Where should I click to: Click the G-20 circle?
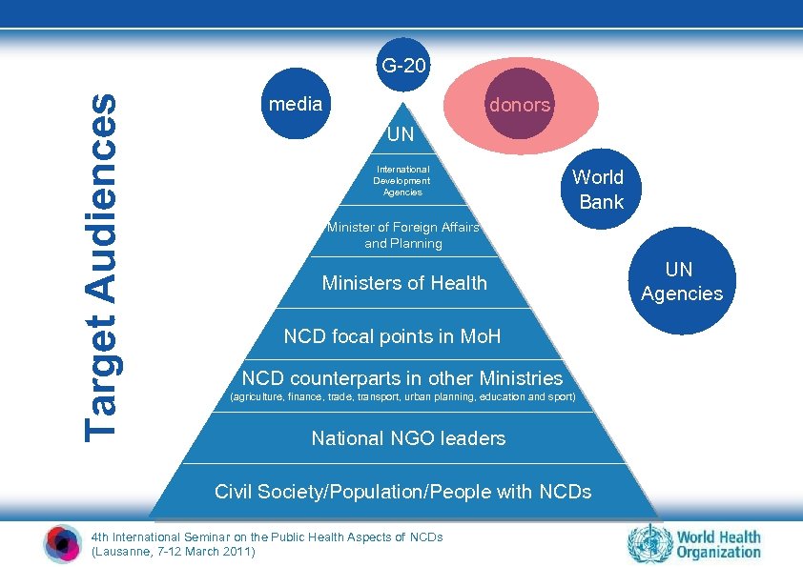coord(405,68)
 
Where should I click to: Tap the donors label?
coord(520,105)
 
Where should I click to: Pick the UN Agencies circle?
coord(682,282)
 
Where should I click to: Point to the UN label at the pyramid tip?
coord(401,134)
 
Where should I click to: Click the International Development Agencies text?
coord(401,181)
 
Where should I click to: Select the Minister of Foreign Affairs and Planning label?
coord(402,234)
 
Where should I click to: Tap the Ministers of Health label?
coord(404,283)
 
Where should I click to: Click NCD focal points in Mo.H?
coord(392,336)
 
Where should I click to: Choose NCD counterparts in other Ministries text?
coord(402,378)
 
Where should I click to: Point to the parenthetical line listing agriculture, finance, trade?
coord(402,396)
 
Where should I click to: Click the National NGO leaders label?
coord(408,438)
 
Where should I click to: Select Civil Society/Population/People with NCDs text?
coord(402,492)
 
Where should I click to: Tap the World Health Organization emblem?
coord(649,544)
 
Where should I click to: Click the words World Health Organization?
coord(719,544)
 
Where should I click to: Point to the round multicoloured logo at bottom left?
coord(63,544)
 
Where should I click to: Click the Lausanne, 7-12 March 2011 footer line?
coord(173,551)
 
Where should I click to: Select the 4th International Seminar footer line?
coord(267,537)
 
